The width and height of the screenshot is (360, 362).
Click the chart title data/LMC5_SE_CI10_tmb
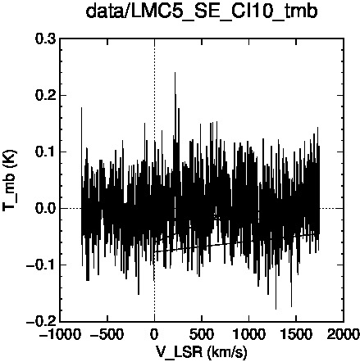202,12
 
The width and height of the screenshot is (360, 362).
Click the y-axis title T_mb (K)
10,180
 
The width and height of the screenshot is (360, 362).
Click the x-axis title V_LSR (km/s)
202,351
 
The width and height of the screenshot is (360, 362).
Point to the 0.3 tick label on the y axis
45,39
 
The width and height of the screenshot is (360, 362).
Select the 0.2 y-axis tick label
45,96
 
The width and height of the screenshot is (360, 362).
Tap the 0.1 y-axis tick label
45,152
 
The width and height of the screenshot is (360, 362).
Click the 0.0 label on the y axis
45,209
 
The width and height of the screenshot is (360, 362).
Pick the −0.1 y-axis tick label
41,265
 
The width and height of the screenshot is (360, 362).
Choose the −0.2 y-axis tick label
41,322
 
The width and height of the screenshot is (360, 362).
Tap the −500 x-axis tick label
107,334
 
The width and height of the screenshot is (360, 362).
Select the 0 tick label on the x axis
155,334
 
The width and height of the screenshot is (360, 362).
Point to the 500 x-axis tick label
202,334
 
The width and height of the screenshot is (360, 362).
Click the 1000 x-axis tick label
249,334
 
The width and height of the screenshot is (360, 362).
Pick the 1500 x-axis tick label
296,334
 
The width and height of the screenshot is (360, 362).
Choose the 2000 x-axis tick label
344,334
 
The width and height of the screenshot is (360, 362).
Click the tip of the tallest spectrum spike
175,72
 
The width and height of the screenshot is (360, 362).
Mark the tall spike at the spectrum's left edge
81,107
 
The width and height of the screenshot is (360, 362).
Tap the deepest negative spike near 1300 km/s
276,309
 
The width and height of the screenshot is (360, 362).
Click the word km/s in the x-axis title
227,352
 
